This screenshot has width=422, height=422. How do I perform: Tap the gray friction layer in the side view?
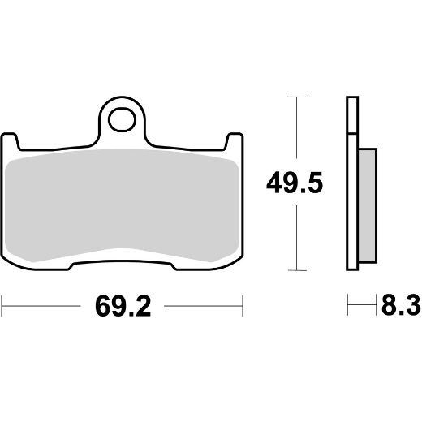click(x=366, y=207)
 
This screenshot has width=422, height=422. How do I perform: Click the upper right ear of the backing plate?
click(x=235, y=142)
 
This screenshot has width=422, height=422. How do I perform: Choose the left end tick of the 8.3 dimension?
click(x=349, y=308)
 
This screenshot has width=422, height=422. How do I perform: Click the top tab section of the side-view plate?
click(x=351, y=114)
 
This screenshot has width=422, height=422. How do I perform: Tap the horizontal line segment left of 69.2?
click(x=41, y=308)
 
